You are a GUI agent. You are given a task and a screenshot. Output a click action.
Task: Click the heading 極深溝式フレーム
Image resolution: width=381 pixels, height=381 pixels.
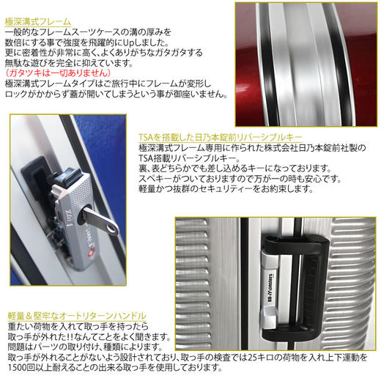point(38,22)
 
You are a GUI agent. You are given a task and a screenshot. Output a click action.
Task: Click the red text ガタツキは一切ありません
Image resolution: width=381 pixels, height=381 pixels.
point(58,73)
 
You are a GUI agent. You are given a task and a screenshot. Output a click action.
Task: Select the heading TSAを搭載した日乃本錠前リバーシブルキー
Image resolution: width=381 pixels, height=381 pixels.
point(221,138)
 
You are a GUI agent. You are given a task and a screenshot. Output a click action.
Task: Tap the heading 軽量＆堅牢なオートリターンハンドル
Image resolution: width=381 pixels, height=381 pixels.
point(77,316)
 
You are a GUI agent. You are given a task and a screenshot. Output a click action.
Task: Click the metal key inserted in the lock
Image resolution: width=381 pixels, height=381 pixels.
point(100,220)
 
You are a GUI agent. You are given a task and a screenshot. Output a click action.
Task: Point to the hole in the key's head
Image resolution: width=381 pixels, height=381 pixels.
point(112,229)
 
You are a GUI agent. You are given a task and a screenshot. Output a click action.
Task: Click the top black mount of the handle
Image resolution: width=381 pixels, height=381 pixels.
point(295,244)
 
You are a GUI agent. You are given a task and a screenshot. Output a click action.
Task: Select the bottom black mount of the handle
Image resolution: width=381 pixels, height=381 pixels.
point(291,333)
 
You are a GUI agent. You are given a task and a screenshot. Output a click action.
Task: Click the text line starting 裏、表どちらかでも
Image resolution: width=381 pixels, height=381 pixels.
point(235,169)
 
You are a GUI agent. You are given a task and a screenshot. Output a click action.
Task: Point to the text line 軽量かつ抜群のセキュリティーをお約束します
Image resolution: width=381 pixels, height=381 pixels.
point(226,189)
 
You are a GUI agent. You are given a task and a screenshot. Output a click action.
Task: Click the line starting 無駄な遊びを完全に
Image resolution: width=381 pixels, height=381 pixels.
point(69,63)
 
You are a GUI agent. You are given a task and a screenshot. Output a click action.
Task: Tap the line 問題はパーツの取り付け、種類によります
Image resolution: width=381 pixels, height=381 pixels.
point(85,347)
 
